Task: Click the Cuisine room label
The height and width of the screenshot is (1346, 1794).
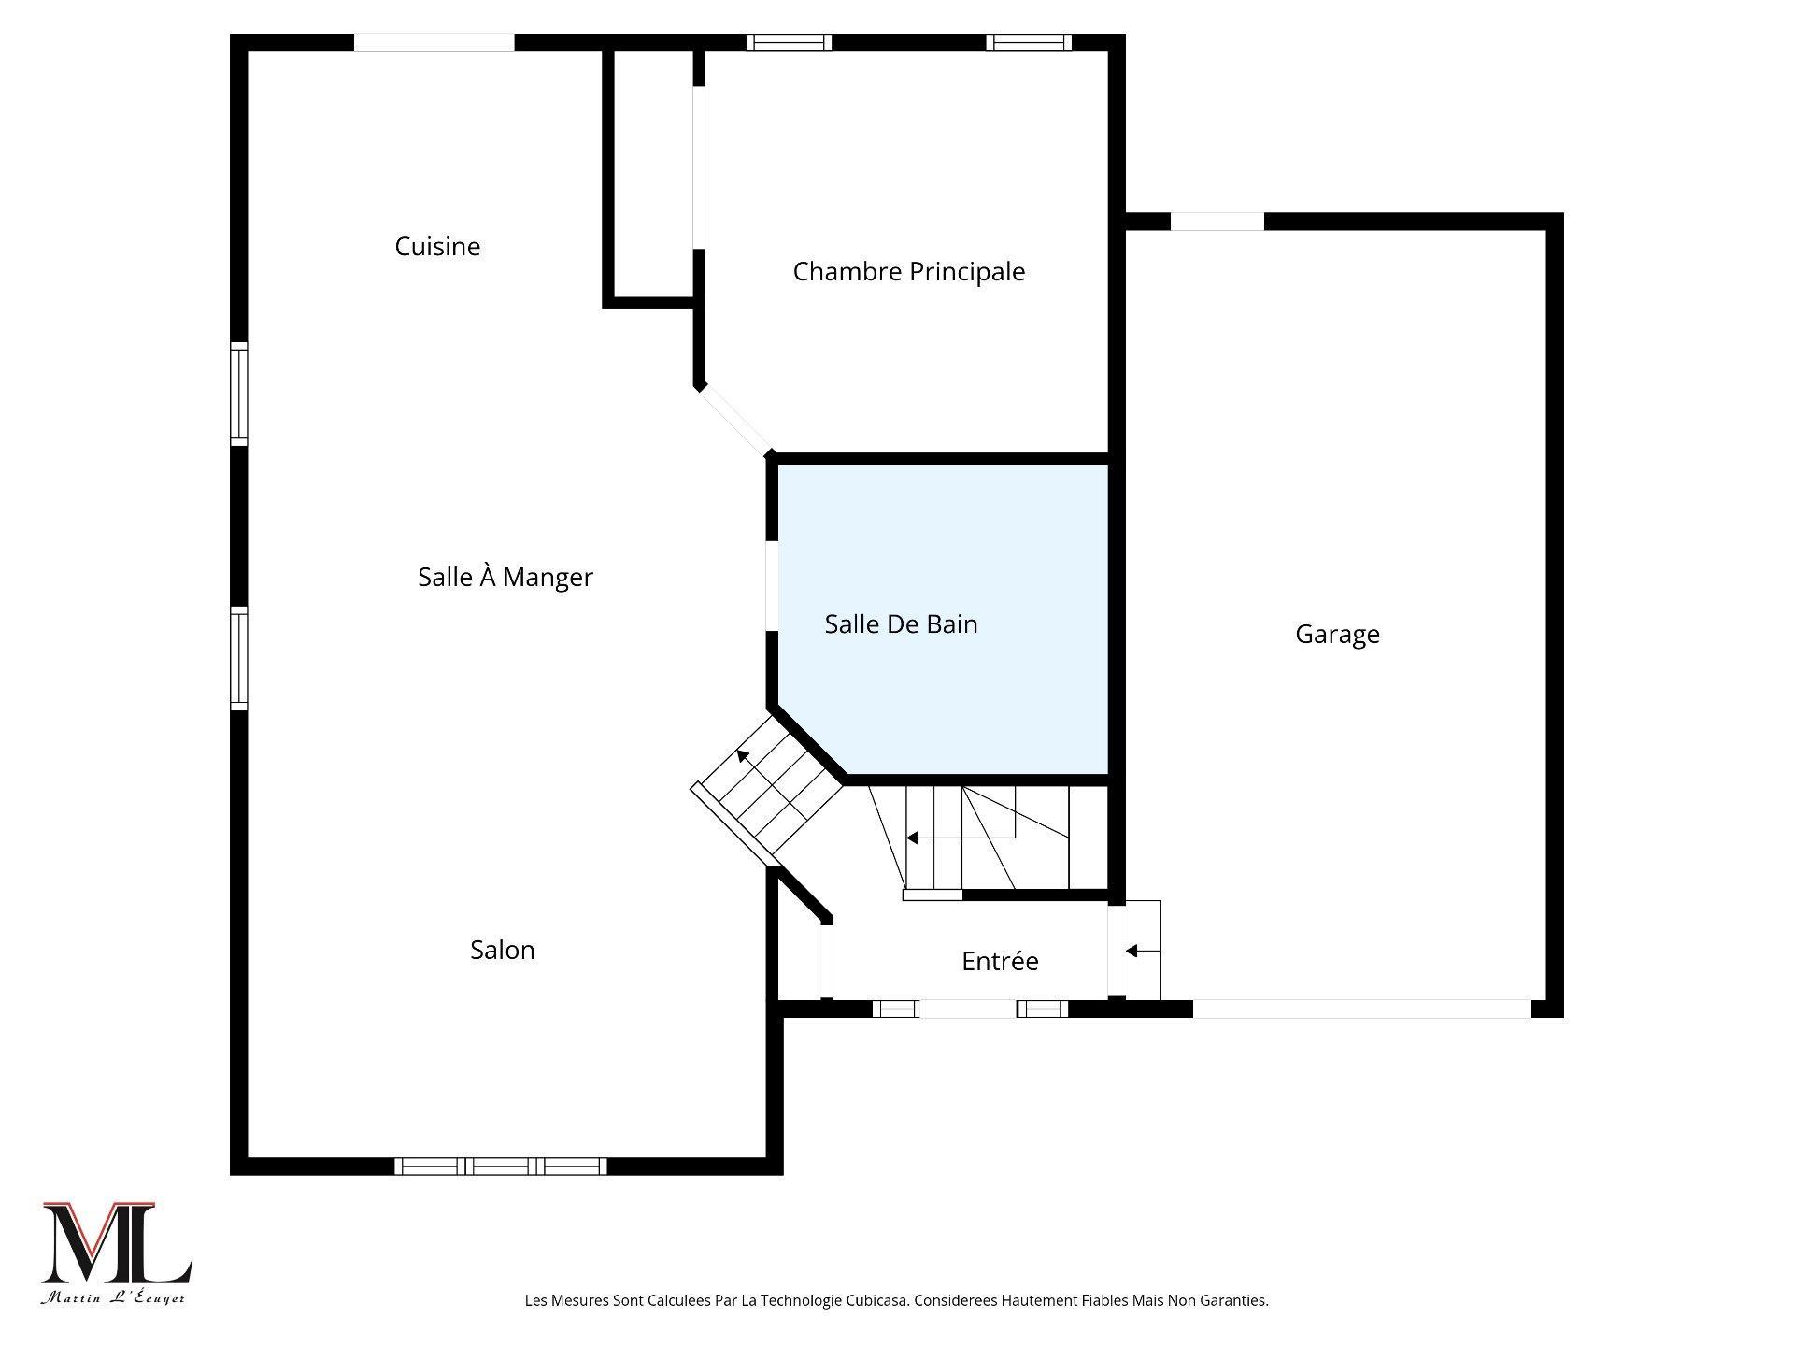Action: [x=437, y=247]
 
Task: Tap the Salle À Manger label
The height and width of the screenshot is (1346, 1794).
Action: [x=505, y=578]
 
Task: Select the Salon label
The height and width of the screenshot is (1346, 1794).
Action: [x=502, y=950]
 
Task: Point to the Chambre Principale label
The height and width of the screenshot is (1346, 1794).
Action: [x=908, y=272]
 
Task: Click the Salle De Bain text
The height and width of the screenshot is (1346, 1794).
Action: [x=901, y=624]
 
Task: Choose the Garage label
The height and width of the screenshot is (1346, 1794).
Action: [x=1337, y=635]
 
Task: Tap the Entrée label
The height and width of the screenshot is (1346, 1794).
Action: [x=1000, y=961]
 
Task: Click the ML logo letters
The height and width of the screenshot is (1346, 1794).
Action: [x=116, y=1243]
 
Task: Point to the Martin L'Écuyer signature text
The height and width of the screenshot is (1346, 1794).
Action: [x=113, y=1298]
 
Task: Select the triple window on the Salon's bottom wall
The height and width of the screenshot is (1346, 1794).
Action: [x=500, y=1166]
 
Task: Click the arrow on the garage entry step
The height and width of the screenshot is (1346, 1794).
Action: [x=1132, y=951]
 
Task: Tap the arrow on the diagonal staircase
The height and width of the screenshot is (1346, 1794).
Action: [x=743, y=753]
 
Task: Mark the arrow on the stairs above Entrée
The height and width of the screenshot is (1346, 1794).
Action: [x=912, y=838]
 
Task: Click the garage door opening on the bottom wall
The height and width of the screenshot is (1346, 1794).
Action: [x=1360, y=1009]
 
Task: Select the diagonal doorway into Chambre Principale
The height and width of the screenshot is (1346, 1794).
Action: [x=735, y=420]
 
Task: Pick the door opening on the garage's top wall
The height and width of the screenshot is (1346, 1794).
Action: [x=1217, y=222]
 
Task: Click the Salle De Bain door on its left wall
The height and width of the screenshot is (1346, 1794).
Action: [x=772, y=585]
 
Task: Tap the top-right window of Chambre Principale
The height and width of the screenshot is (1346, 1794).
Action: [x=1028, y=42]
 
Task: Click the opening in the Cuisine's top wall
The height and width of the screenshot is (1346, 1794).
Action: [x=434, y=42]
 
